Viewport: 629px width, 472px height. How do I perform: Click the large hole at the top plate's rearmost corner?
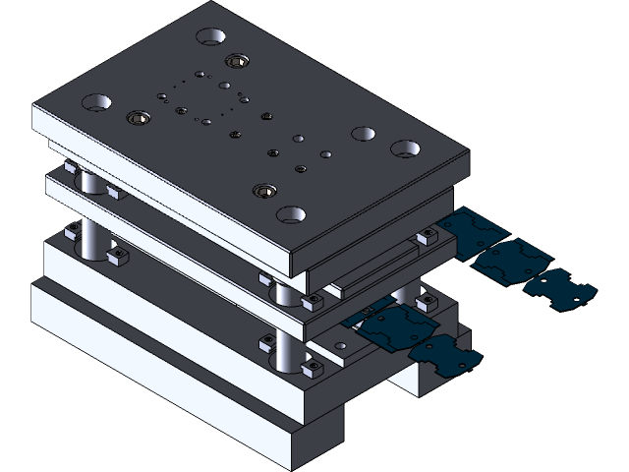pyautogui.click(x=210, y=37)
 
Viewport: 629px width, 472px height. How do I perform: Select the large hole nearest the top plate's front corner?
pyautogui.click(x=291, y=213)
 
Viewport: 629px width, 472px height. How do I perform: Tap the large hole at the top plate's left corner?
pyautogui.click(x=96, y=101)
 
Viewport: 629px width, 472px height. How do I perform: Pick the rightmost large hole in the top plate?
pyautogui.click(x=406, y=148)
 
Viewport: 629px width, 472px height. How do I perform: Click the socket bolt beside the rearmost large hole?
pyautogui.click(x=235, y=61)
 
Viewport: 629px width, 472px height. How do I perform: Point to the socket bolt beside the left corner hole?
pyautogui.click(x=139, y=119)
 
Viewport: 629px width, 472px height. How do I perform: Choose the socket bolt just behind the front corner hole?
pyautogui.click(x=263, y=190)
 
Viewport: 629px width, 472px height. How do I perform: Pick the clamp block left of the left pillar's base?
pyautogui.click(x=72, y=231)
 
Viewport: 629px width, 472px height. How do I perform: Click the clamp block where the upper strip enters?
pyautogui.click(x=428, y=237)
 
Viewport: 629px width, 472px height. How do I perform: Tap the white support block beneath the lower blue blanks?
pyautogui.click(x=423, y=379)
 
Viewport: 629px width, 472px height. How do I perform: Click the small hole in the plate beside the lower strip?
pyautogui.click(x=340, y=346)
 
